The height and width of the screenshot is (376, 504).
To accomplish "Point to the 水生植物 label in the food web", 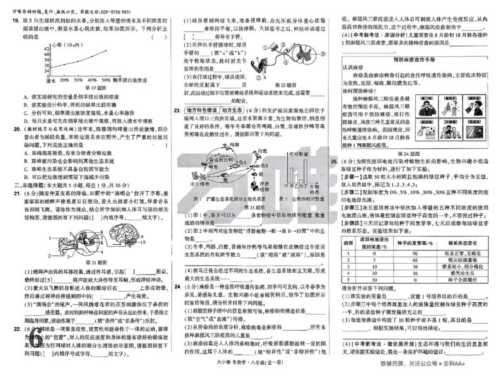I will pyautogui.click(x=203, y=184).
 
